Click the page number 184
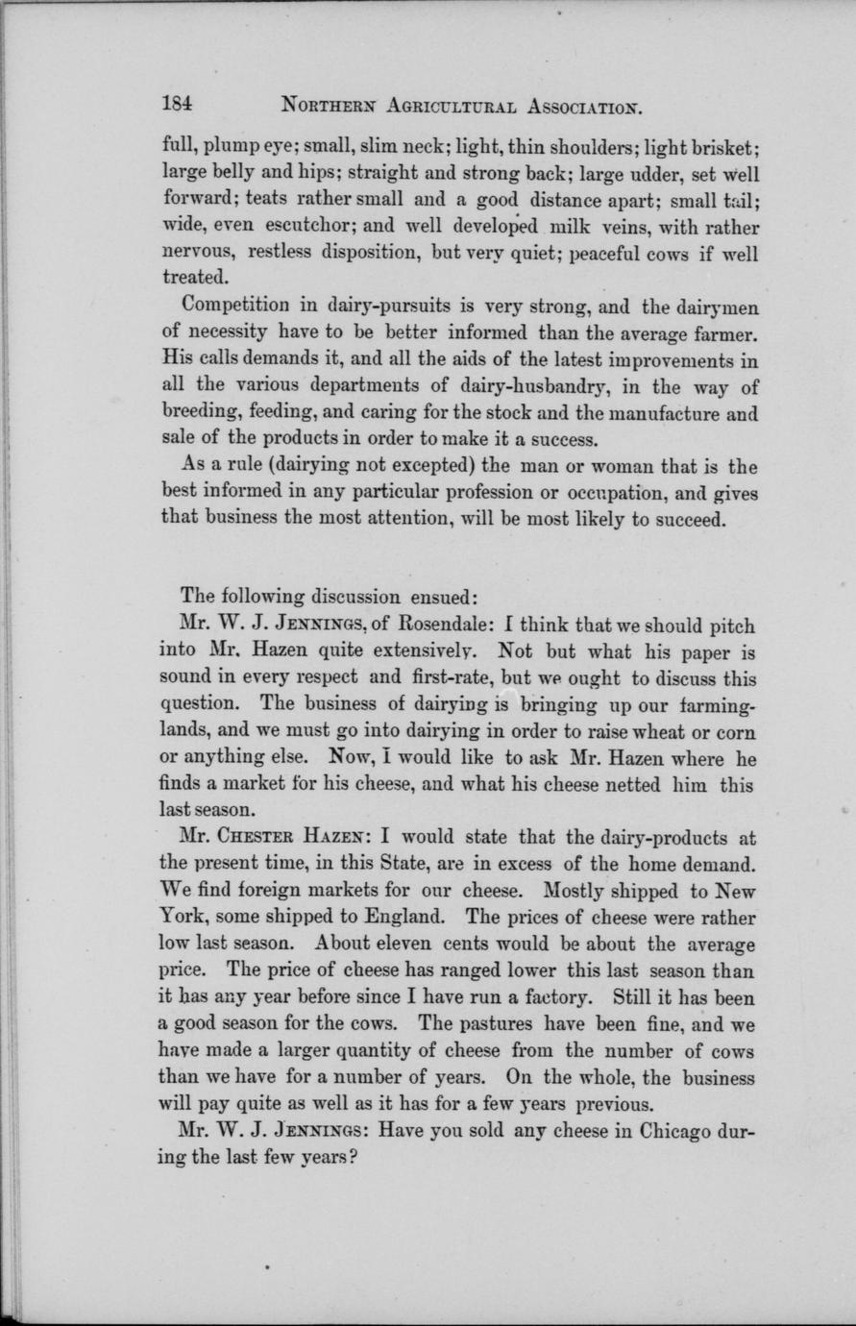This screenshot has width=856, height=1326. (x=179, y=104)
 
